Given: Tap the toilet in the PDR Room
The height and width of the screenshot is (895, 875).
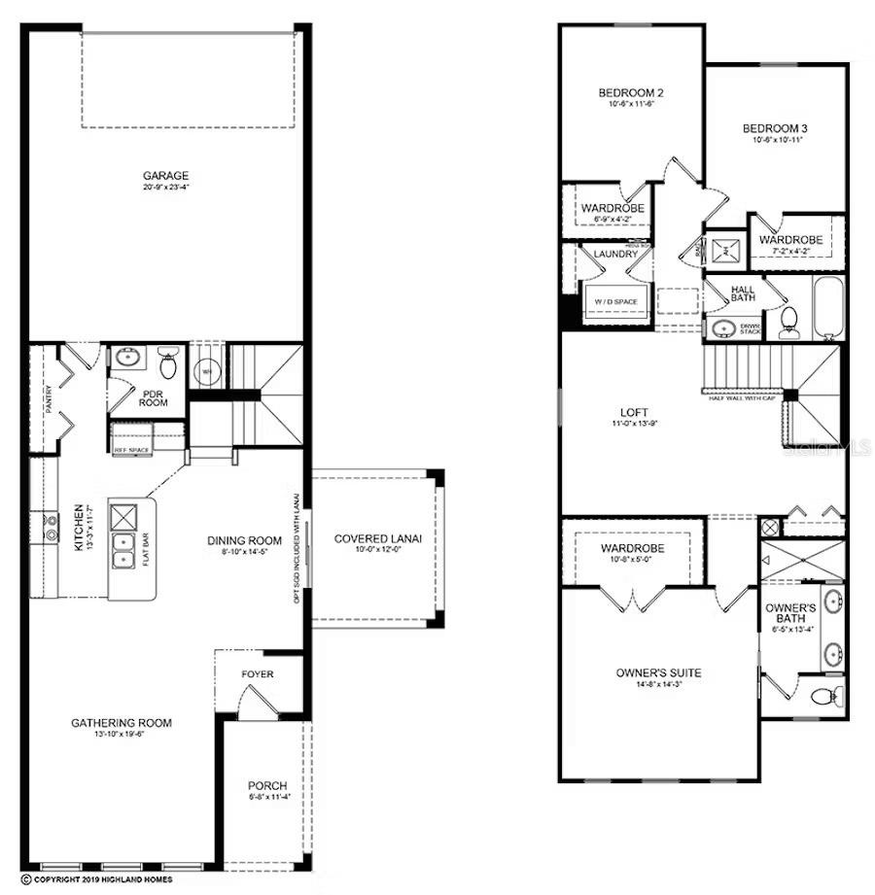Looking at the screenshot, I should tap(168, 365).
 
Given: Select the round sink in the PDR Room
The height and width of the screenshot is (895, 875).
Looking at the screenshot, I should tap(127, 358).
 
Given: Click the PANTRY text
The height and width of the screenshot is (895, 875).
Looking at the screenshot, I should tap(49, 398).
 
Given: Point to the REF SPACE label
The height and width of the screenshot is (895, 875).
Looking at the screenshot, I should tap(132, 450).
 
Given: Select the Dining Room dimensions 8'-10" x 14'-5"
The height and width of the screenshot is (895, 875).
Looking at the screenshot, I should tap(244, 552).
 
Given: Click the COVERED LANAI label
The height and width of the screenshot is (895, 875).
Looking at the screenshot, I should tap(377, 539).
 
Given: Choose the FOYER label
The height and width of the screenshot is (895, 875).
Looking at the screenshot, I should tap(258, 674).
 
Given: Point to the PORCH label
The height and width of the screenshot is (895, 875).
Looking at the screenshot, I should tap(267, 785).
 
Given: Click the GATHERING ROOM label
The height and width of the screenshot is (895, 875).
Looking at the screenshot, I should tap(122, 722).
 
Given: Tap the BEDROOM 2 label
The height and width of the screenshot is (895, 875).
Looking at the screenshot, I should tap(630, 93).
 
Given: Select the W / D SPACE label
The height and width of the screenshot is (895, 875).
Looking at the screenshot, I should tap(615, 302).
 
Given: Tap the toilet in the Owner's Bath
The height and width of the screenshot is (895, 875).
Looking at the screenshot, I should tap(824, 696).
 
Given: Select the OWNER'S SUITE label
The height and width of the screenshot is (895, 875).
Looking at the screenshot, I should tap(658, 672).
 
